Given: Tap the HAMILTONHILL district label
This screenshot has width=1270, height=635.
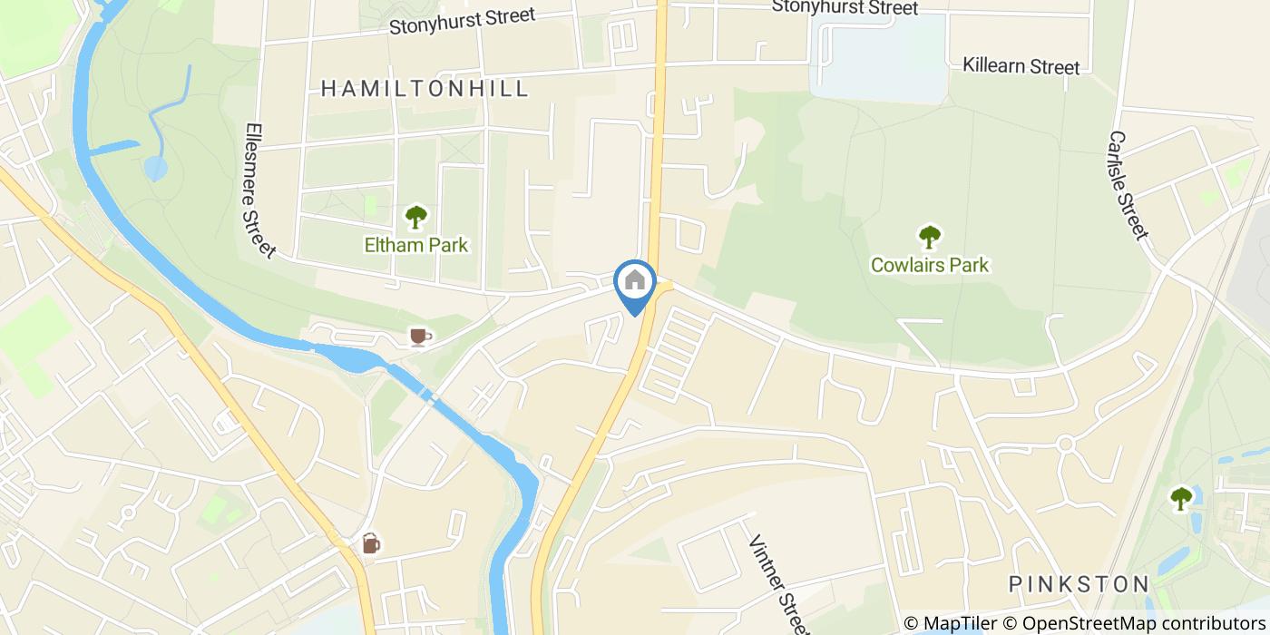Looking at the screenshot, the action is [425, 88].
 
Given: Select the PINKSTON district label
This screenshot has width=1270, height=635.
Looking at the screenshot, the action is [1079, 583].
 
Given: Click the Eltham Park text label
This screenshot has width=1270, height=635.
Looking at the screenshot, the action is [416, 245].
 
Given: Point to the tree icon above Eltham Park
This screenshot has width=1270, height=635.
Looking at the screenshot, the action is [415, 217].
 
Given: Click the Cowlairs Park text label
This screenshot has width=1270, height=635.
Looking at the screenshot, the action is [930, 265].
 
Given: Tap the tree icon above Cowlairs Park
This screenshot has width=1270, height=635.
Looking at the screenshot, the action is [930, 237].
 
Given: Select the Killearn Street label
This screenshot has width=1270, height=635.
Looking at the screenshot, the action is [1021, 66].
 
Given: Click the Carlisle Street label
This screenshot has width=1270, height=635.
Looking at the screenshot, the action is [1128, 185].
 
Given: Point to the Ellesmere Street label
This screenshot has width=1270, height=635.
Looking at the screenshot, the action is [259, 190].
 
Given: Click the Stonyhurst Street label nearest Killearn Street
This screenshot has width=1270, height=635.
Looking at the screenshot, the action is [845, 8].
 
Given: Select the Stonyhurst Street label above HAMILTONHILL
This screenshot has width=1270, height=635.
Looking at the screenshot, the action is [462, 20].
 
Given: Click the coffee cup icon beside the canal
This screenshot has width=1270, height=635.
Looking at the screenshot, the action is [418, 337].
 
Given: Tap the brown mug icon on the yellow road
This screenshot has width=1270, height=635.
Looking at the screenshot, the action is [370, 543].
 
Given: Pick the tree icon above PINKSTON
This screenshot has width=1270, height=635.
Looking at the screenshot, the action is [1180, 498].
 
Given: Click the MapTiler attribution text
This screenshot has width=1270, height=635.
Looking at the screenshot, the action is [950, 623].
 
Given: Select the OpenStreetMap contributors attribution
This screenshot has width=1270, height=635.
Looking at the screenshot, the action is [1144, 623].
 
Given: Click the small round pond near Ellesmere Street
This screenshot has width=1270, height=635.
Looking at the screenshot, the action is [156, 168].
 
